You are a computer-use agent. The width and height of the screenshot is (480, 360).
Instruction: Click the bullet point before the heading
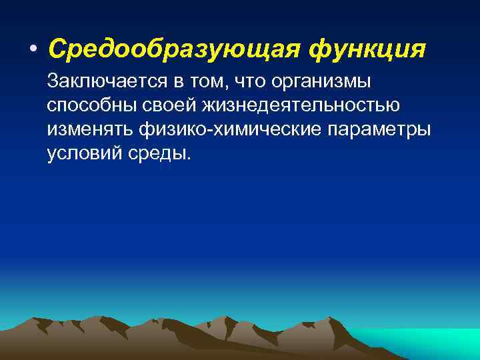[33, 49]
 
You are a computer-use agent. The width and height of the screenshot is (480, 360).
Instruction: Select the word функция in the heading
[365, 49]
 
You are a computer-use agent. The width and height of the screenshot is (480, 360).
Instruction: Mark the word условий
[81, 153]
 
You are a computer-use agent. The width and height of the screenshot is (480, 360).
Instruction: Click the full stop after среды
[189, 158]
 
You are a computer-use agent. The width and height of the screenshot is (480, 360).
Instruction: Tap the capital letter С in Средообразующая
[57, 49]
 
